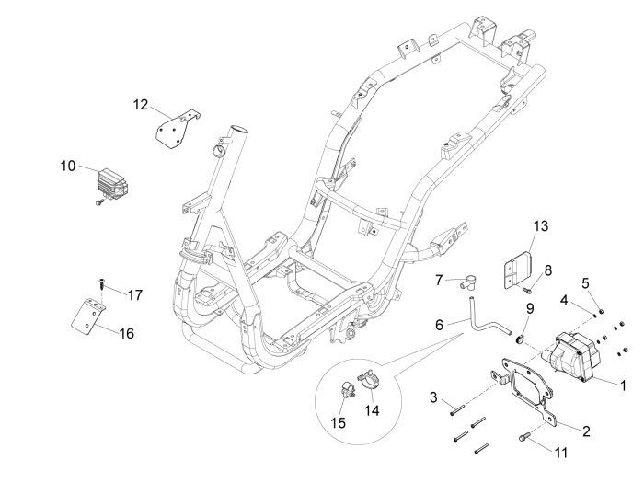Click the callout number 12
coord(140,105)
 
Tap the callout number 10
coord(68,167)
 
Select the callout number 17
coord(134,295)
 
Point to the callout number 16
coord(126,333)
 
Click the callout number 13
coord(540,225)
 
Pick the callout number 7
coord(439,280)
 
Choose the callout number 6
coord(439,325)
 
